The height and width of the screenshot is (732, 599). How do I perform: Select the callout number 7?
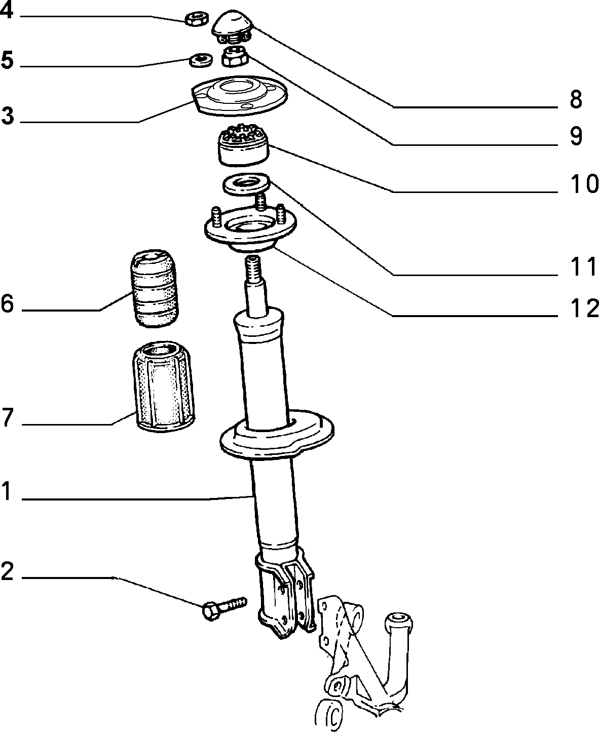pyautogui.click(x=7, y=417)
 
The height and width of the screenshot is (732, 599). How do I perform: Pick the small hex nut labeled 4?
pyautogui.click(x=197, y=19)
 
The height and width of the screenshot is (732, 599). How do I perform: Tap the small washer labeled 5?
pyautogui.click(x=201, y=60)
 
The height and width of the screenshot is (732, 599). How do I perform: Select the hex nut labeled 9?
pyautogui.click(x=235, y=56)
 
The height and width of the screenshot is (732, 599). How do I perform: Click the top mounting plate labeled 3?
pyautogui.click(x=239, y=95)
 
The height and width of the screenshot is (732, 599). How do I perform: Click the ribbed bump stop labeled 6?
pyautogui.click(x=155, y=288)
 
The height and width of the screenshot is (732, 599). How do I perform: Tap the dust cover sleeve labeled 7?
pyautogui.click(x=163, y=387)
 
